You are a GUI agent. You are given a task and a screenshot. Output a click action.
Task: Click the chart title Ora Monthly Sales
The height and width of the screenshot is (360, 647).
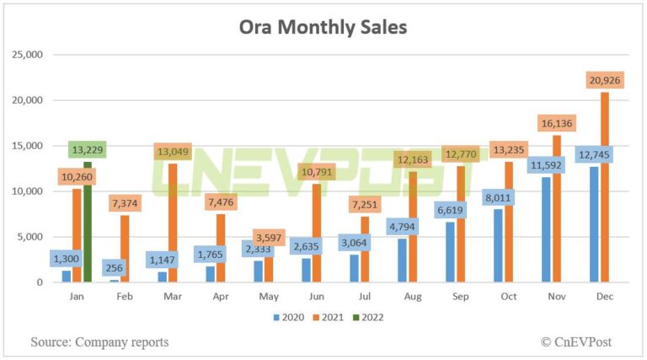(x=323, y=27)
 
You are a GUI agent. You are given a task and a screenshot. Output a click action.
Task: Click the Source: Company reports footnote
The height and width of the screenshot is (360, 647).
(x=99, y=341)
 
